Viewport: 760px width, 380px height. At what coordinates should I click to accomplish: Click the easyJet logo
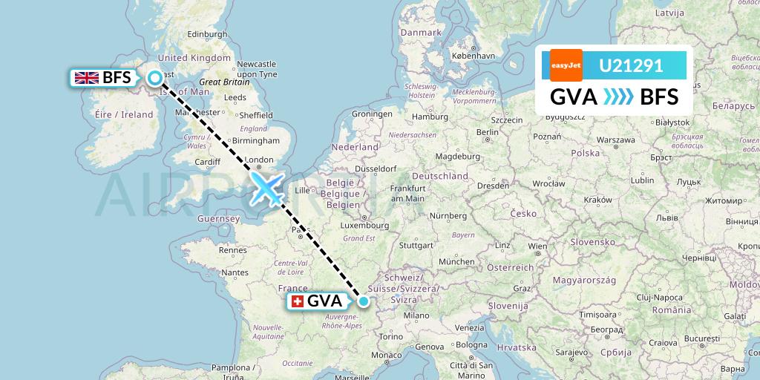click(x=566, y=65)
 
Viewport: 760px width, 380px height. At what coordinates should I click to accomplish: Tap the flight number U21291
click(x=630, y=66)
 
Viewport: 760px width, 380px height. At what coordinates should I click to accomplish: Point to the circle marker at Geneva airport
click(x=364, y=301)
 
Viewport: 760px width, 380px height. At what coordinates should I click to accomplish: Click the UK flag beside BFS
click(x=87, y=77)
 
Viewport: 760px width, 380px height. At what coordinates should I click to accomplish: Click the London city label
click(x=259, y=160)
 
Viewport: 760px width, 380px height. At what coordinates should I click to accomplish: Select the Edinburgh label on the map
click(x=207, y=34)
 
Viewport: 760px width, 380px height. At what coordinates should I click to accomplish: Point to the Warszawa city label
click(x=614, y=140)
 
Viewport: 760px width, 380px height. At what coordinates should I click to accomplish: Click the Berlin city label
click(x=488, y=132)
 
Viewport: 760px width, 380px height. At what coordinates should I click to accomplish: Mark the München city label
click(x=456, y=262)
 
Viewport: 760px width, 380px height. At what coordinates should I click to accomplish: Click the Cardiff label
click(x=207, y=163)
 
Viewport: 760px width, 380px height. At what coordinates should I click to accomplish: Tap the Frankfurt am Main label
click(x=407, y=194)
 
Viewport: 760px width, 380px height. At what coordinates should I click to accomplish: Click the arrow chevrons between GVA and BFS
click(x=618, y=96)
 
